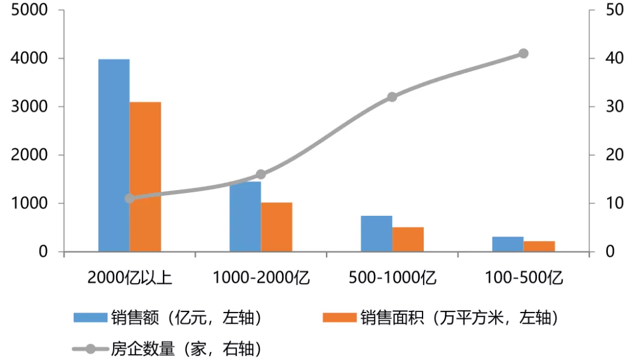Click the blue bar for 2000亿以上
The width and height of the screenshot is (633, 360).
[114, 155]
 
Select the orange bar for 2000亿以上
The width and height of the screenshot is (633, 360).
[145, 176]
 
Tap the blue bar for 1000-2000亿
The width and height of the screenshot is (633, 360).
[245, 216]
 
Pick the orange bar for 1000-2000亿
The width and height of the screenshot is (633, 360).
[277, 227]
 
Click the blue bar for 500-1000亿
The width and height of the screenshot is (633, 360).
[376, 233]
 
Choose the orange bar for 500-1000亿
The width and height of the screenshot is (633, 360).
[408, 239]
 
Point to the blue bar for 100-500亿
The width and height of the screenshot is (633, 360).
[508, 244]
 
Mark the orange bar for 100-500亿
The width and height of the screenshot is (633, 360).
[539, 246]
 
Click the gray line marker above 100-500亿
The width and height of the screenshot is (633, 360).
[523, 53]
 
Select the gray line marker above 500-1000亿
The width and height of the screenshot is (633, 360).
[392, 97]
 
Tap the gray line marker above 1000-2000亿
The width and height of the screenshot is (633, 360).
[261, 174]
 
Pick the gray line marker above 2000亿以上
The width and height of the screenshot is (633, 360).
[130, 198]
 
